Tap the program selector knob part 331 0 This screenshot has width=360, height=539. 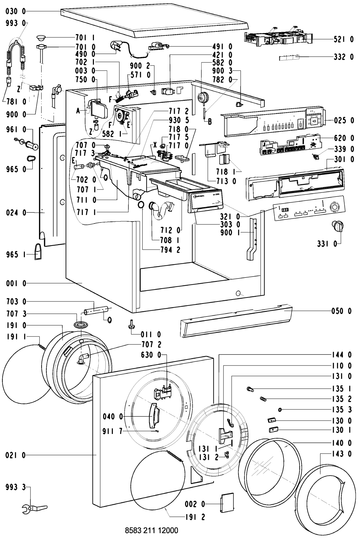[337, 225]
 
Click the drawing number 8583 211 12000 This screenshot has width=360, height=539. [152, 530]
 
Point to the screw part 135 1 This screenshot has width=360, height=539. [250, 389]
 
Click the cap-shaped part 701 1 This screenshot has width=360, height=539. [42, 36]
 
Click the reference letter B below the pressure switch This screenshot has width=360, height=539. [209, 121]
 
